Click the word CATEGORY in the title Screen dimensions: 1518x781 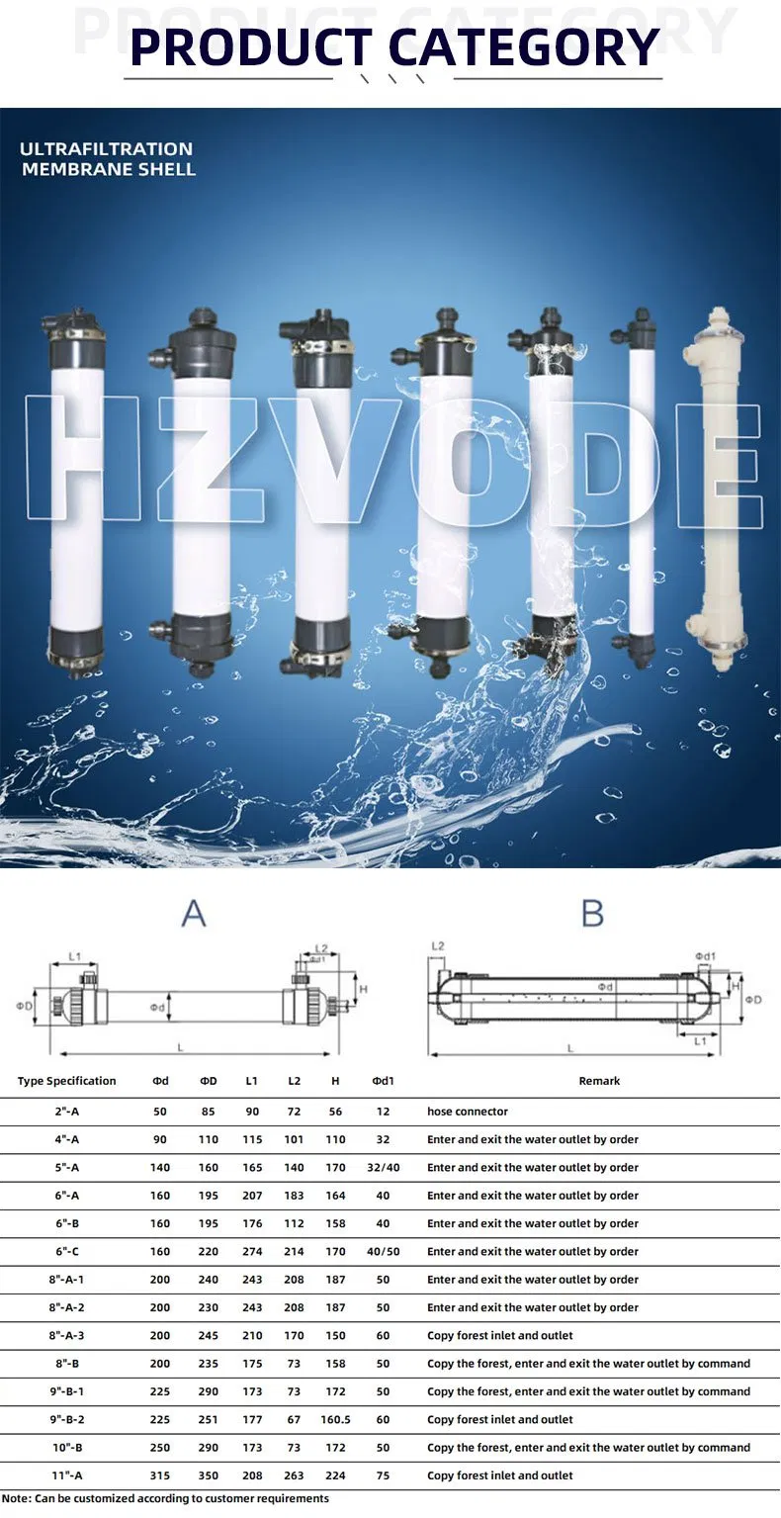(523, 46)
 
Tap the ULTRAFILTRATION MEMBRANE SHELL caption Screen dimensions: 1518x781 (108, 158)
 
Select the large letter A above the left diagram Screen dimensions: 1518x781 (194, 913)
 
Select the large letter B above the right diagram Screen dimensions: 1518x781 (592, 913)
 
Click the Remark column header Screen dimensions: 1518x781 (599, 1081)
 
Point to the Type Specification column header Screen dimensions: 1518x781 (66, 1081)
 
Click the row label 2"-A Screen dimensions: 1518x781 (67, 1112)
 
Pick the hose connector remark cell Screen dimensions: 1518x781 (468, 1112)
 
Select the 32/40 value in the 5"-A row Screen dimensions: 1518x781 (384, 1167)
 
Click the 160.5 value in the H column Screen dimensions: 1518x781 (336, 1419)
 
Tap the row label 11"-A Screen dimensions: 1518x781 (67, 1475)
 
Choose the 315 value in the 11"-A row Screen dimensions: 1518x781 (160, 1475)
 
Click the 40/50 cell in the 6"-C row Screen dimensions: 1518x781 (384, 1251)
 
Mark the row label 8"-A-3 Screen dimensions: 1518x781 (67, 1335)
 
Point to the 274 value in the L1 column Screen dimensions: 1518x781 (252, 1251)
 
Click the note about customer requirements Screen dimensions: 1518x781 (165, 1498)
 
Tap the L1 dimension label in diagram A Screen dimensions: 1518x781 (75, 957)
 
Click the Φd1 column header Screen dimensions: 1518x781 (384, 1081)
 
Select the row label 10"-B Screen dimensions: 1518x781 (67, 1448)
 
